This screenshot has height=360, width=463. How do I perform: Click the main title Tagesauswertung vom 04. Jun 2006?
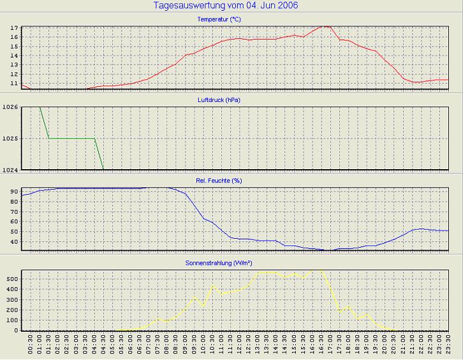[226, 6]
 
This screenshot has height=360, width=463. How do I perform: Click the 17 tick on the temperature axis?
[13, 29]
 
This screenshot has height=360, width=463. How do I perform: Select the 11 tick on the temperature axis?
[13, 84]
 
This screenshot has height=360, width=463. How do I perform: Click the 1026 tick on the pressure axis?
[11, 107]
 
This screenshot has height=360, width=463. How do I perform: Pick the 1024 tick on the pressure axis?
[11, 170]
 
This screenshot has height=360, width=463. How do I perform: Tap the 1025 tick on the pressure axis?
[11, 139]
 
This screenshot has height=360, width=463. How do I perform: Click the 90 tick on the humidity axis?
[14, 191]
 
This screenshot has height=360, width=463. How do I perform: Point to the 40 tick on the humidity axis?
[14, 242]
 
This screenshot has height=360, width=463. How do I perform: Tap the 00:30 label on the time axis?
[31, 345]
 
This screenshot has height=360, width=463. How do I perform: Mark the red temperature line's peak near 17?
[325, 27]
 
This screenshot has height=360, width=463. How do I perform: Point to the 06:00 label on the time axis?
[131, 345]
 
